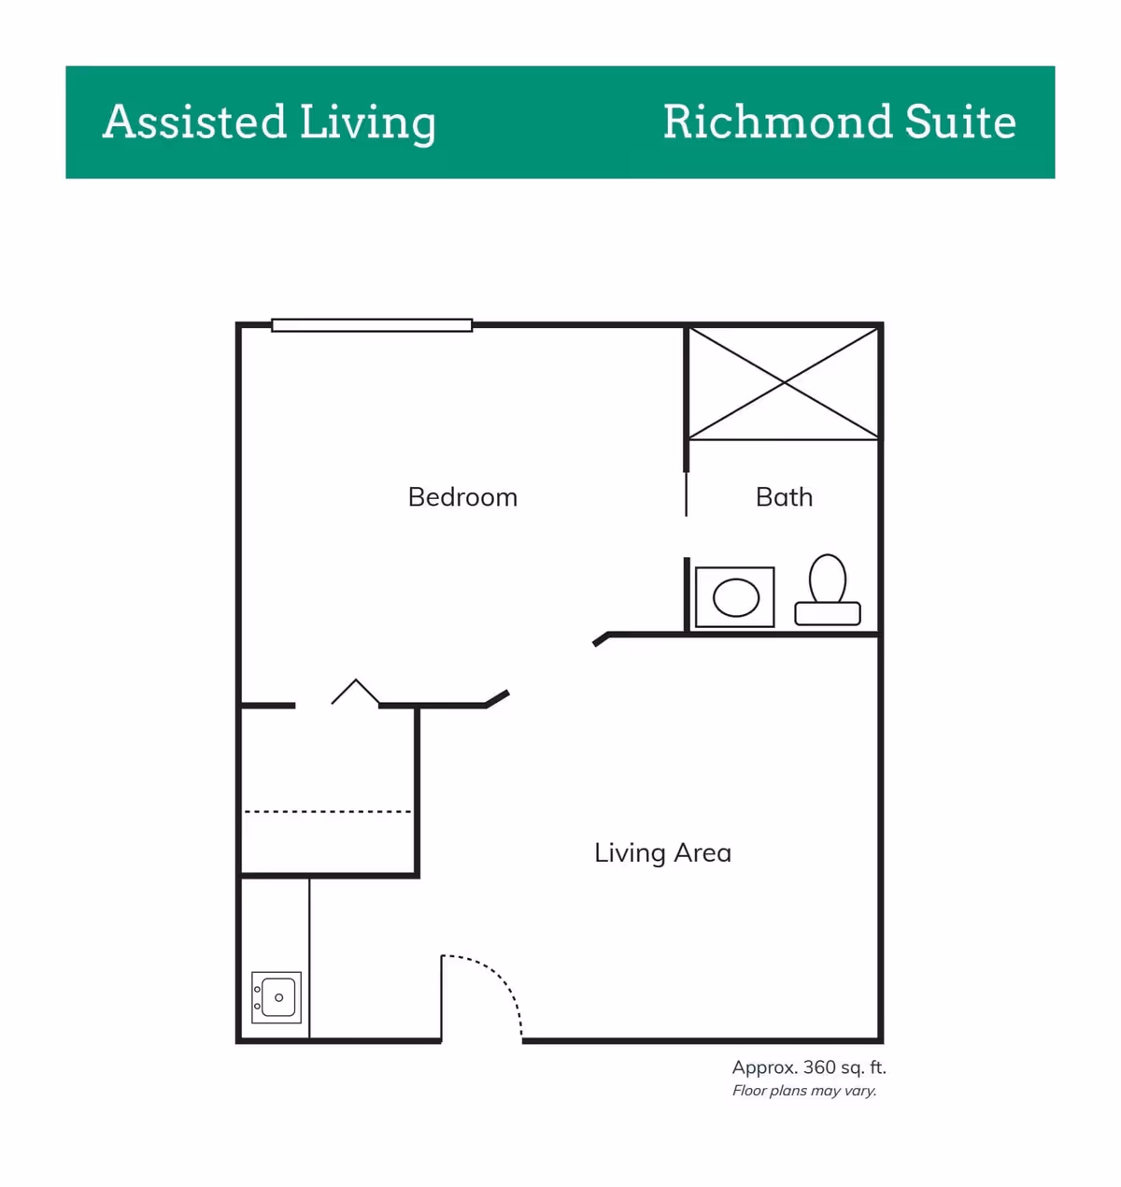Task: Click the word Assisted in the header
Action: (x=194, y=122)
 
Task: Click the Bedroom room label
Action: (x=462, y=496)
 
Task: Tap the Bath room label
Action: (x=784, y=496)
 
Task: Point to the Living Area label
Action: (x=662, y=852)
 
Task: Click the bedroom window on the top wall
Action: (x=372, y=325)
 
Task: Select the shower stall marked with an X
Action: (x=783, y=382)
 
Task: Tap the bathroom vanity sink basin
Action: (x=736, y=598)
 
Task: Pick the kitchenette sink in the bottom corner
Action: (x=277, y=997)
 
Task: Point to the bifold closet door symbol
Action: (x=356, y=692)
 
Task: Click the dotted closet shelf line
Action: (x=327, y=811)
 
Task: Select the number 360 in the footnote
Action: (x=818, y=1067)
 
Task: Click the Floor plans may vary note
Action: (x=804, y=1091)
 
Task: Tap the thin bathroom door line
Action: (x=687, y=493)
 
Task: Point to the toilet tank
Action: (x=828, y=614)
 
